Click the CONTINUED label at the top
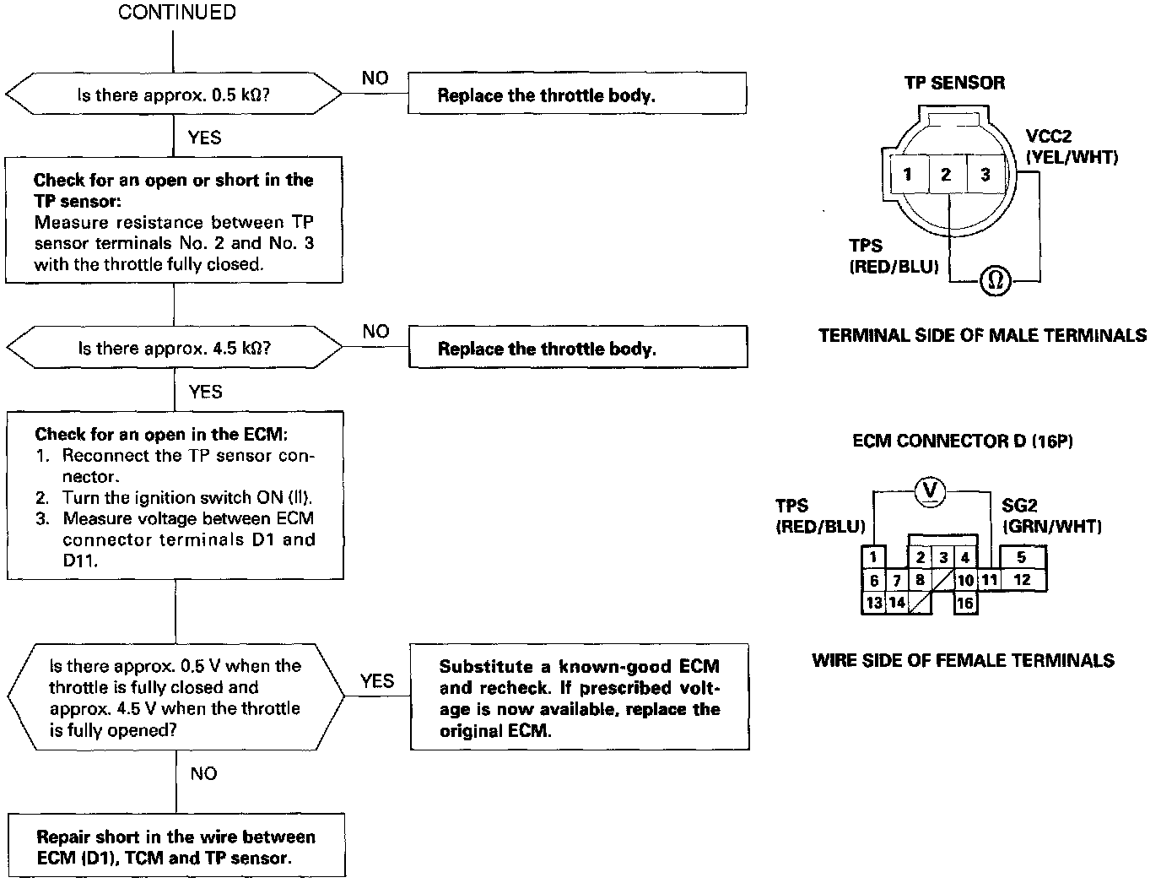176,13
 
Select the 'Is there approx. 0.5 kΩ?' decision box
174,95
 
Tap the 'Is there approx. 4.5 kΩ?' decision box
175,348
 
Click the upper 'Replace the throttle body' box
576,94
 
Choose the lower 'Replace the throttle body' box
577,348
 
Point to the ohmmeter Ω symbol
995,280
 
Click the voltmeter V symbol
931,490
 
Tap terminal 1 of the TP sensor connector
907,175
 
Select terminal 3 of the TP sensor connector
985,175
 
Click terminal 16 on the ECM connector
965,603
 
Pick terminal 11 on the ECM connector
989,580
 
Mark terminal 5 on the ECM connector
1021,557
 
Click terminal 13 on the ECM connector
873,603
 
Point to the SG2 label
1019,506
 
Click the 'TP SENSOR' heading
954,83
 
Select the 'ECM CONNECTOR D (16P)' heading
963,441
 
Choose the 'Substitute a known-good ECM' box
579,697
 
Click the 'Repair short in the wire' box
176,847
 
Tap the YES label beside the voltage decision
376,680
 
